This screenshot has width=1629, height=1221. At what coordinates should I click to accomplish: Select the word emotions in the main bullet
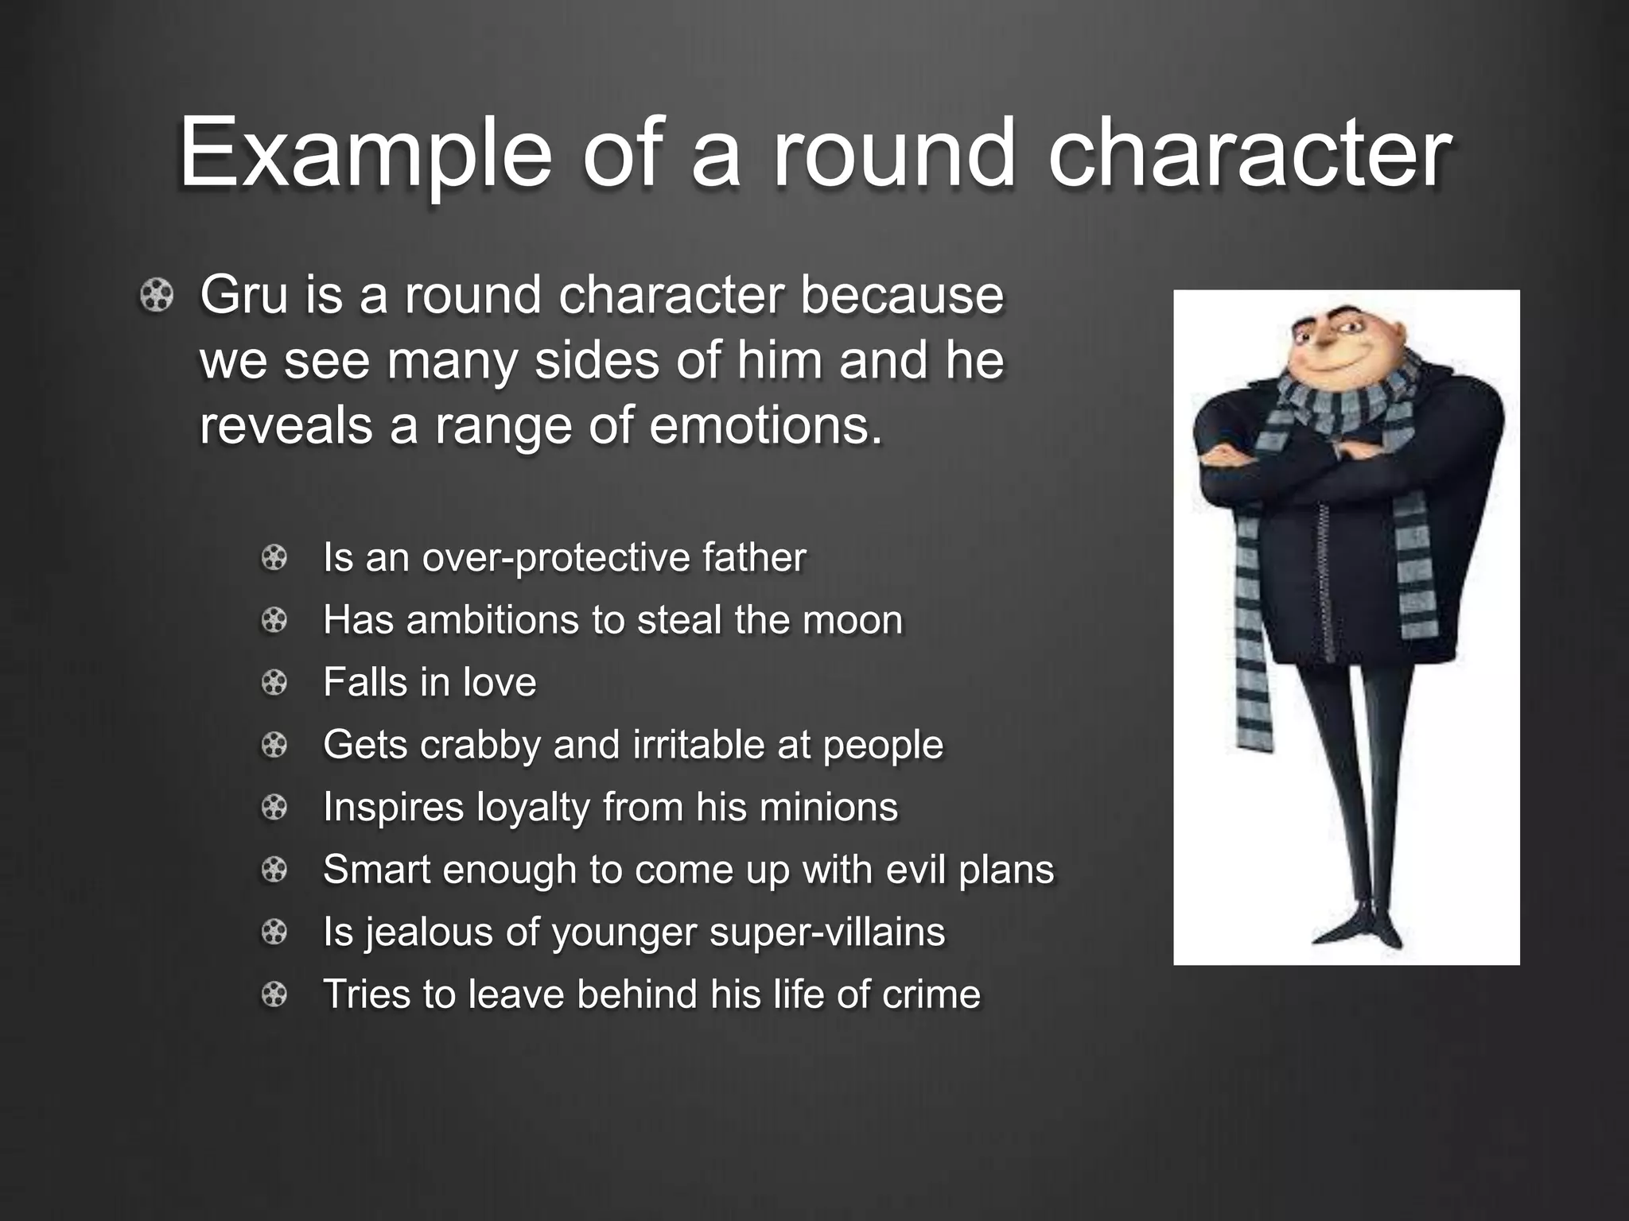(x=766, y=426)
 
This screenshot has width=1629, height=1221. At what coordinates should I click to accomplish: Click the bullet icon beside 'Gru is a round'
(x=156, y=297)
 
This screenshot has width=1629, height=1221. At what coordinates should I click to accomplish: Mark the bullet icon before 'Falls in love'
(x=274, y=683)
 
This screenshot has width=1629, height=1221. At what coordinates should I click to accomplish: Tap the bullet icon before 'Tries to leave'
(x=274, y=994)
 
